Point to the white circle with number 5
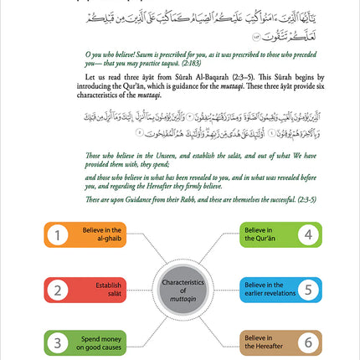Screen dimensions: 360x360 [308, 291]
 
